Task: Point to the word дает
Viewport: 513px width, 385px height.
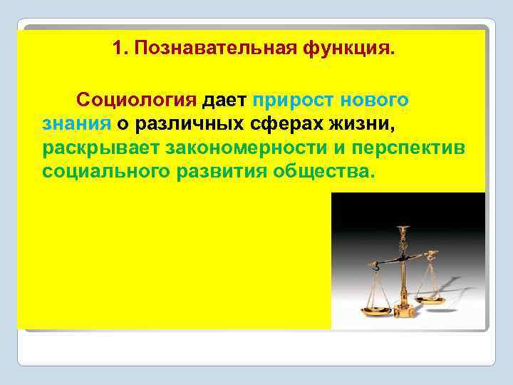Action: [x=226, y=99]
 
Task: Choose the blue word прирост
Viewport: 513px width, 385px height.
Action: [x=293, y=99]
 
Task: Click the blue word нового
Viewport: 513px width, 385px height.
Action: [x=375, y=99]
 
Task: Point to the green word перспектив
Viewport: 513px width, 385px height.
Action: [x=423, y=148]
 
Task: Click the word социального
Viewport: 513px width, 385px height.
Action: [x=107, y=173]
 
